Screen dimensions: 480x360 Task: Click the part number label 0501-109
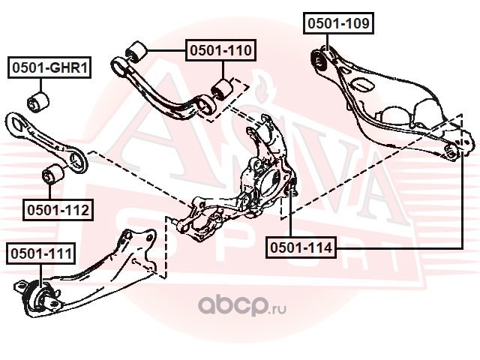(338, 23)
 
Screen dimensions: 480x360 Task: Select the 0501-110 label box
(220, 50)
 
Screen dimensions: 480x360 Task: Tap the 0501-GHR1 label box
(49, 67)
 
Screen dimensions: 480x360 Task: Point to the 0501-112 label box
(58, 210)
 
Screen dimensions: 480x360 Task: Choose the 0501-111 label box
(40, 253)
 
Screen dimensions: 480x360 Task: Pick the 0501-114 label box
(301, 247)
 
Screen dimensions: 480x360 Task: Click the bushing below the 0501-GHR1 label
(38, 102)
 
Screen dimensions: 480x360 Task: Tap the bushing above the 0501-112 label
(53, 174)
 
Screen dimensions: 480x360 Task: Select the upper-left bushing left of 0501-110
(136, 52)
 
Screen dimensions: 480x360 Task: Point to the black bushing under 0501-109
(319, 61)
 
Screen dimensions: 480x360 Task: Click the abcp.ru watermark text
(242, 305)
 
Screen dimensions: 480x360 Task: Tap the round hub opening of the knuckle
(269, 182)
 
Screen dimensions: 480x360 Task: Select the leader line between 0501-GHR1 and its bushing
(40, 85)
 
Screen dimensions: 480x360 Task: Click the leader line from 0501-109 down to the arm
(327, 43)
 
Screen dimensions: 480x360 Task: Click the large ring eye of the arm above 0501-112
(76, 158)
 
